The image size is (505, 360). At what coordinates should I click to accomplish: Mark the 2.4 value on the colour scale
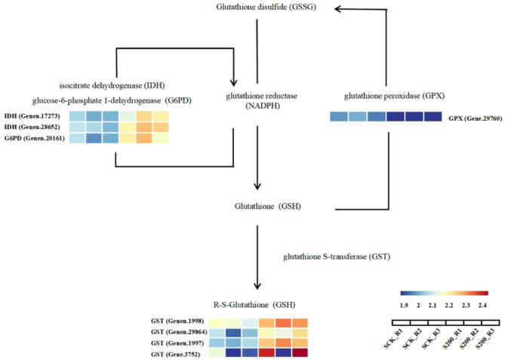(483, 305)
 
